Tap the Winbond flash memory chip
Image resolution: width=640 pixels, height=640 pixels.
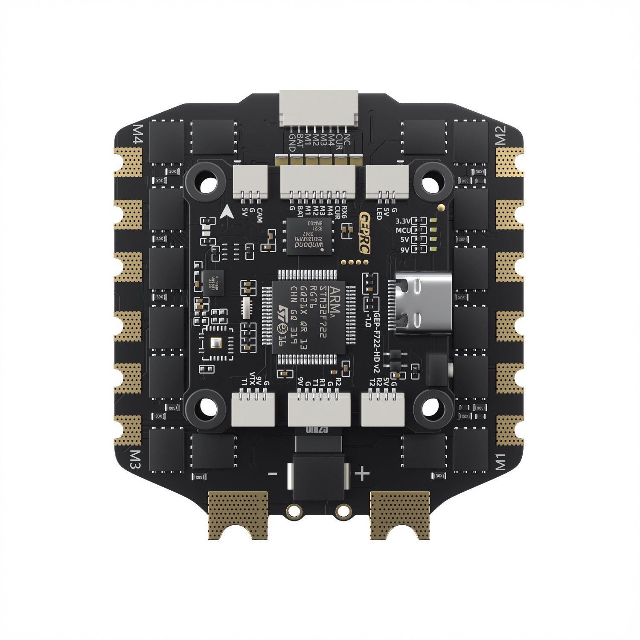point(309,236)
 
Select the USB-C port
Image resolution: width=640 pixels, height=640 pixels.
point(422,303)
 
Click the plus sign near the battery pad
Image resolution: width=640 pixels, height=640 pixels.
point(362,474)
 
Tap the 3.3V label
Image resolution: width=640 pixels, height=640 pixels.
point(402,221)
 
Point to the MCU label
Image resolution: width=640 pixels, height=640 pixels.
point(402,230)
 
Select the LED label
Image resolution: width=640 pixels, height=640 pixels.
point(378,213)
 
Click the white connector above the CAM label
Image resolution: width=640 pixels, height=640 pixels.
point(250,181)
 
